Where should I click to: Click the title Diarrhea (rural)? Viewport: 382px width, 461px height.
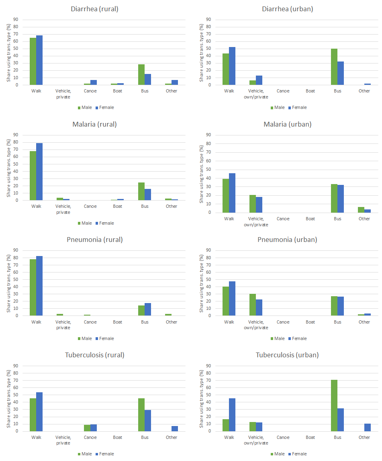tap(94, 9)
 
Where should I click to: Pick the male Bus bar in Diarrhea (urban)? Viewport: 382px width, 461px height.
tap(334, 67)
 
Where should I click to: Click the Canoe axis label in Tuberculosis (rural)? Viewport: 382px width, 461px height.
tap(90, 437)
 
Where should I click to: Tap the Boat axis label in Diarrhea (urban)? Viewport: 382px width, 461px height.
tap(311, 91)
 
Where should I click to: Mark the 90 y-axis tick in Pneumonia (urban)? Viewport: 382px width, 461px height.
tap(209, 250)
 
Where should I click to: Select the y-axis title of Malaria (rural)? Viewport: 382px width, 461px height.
tap(8, 168)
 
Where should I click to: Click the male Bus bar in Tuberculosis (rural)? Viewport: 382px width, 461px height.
tap(141, 415)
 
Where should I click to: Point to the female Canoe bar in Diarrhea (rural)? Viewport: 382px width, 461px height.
tap(94, 82)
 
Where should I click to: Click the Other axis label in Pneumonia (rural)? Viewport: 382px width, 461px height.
tap(172, 322)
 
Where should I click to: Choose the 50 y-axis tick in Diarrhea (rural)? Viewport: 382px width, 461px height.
tap(16, 49)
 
